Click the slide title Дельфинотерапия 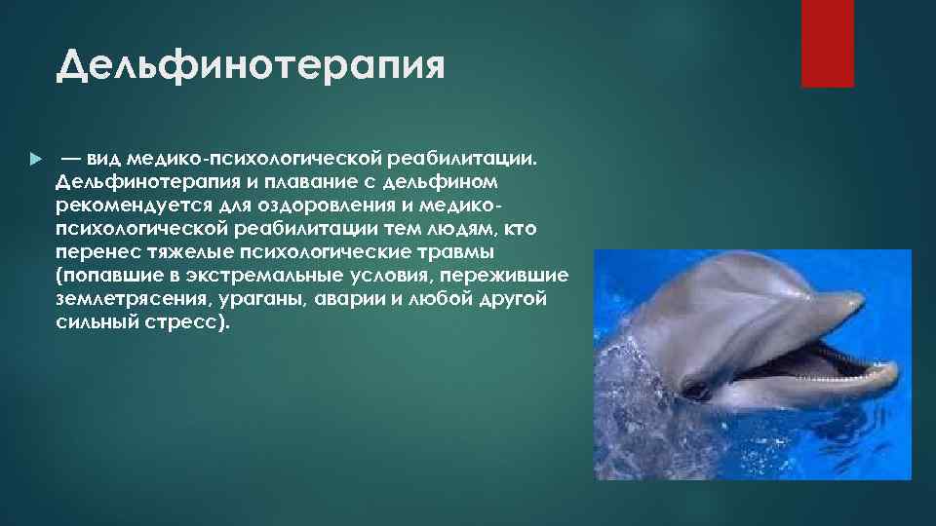251,67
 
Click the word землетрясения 125,300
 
